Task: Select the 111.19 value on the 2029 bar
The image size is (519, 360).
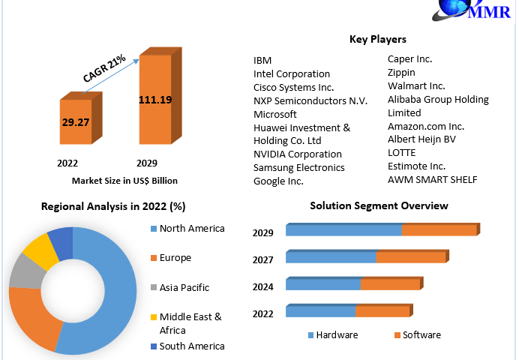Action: pos(154,99)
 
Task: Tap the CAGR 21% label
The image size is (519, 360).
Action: pos(104,71)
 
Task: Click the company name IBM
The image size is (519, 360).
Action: pos(262,60)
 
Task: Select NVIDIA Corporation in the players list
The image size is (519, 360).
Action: pos(297,154)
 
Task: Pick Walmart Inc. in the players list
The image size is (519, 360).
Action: pos(415,85)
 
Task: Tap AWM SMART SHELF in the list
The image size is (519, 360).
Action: pos(432,179)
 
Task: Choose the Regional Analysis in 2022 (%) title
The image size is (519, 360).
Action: pos(113,206)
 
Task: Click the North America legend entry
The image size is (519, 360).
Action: pos(191,229)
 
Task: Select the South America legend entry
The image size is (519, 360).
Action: pos(191,346)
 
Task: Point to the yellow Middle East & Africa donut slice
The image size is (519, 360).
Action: pos(35,250)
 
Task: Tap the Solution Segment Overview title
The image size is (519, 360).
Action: pos(379,205)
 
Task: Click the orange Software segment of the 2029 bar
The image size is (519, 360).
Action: pos(438,230)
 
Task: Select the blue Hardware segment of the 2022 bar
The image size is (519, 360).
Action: pos(319,311)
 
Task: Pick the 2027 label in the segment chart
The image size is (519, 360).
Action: pos(262,259)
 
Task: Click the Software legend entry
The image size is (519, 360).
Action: pos(421,334)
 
